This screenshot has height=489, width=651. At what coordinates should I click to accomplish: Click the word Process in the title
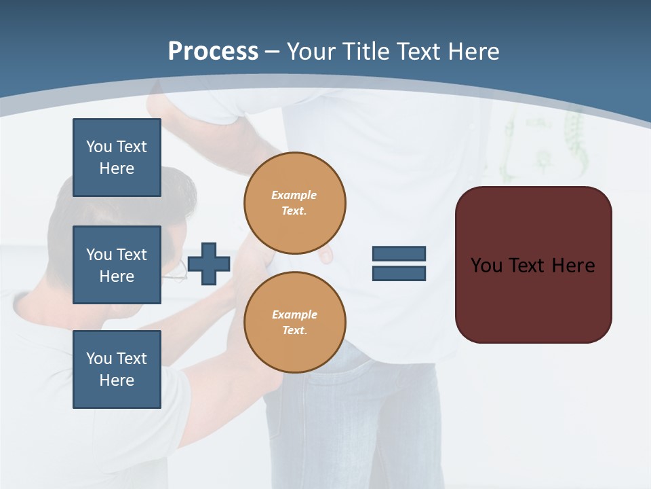[213, 52]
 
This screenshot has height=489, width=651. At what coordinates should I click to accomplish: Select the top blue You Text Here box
[117, 158]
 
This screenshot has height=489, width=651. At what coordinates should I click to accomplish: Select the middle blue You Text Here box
[117, 265]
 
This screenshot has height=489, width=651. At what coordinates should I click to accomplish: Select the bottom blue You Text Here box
[117, 369]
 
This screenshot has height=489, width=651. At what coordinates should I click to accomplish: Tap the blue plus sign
[209, 264]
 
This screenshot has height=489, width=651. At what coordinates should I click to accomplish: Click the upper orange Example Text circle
[295, 203]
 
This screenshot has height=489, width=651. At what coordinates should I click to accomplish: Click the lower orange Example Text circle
[295, 323]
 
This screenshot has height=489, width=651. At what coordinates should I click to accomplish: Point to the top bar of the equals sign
[399, 254]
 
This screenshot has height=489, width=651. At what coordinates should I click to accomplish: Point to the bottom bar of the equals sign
[399, 274]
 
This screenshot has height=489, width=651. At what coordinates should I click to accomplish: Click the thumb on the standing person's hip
[326, 255]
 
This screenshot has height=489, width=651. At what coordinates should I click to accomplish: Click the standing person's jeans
[353, 421]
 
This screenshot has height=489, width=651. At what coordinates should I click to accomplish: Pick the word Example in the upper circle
[294, 195]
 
